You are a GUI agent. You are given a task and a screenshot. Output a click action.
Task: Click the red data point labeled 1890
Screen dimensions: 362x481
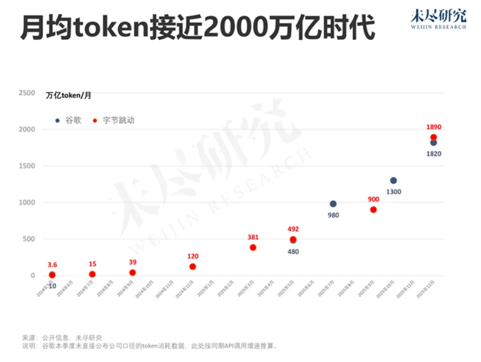[x=433, y=137]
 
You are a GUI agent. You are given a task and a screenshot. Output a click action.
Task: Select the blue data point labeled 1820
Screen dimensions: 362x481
[x=433, y=143]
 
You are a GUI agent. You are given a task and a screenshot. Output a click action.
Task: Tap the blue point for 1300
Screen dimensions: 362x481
[x=393, y=180]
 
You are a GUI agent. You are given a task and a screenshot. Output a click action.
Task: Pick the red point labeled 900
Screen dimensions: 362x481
[x=373, y=210]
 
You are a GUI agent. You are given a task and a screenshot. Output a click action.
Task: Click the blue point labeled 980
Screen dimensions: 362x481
[x=333, y=204]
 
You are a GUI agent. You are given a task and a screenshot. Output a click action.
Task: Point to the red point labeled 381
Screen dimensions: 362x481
[x=253, y=248]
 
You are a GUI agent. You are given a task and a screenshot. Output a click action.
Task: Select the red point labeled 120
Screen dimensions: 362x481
[x=192, y=267]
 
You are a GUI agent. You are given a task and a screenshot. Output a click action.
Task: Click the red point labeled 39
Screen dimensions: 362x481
[x=132, y=273]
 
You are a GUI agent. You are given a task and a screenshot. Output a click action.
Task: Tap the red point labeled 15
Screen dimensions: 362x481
[x=92, y=274]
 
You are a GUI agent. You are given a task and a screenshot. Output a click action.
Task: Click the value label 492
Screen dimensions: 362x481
[x=293, y=229]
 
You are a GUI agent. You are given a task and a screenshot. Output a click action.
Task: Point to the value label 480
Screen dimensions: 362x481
[x=293, y=252]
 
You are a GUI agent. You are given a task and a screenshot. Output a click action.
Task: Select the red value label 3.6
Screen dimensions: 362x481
[x=52, y=264]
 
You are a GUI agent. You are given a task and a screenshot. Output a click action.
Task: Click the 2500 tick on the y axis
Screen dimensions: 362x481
[x=27, y=93]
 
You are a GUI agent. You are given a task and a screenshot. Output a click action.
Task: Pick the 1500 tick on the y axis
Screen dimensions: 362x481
[x=27, y=166]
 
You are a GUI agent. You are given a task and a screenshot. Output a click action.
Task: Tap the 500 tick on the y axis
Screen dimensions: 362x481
[x=29, y=239]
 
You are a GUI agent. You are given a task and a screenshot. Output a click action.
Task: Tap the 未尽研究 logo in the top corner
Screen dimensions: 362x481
[x=438, y=19]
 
